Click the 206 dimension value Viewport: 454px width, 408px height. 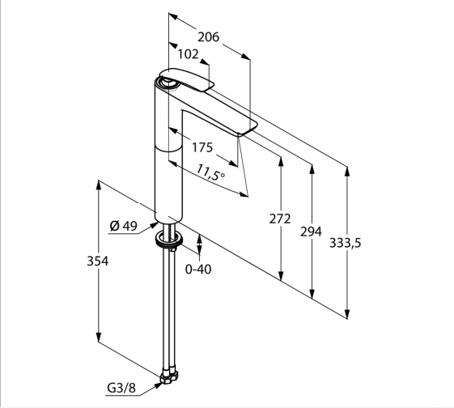(x=209, y=37)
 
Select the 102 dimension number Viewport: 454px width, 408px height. (x=189, y=54)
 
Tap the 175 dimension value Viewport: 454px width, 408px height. (x=202, y=147)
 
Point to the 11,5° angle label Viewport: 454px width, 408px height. (x=210, y=172)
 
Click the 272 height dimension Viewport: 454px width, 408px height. (x=280, y=219)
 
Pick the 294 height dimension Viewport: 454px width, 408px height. (x=311, y=232)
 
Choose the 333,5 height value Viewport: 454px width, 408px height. (x=345, y=243)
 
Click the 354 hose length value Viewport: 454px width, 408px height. (x=98, y=261)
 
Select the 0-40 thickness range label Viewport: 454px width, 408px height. (x=198, y=270)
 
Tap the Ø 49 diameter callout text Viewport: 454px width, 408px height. (x=124, y=226)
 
